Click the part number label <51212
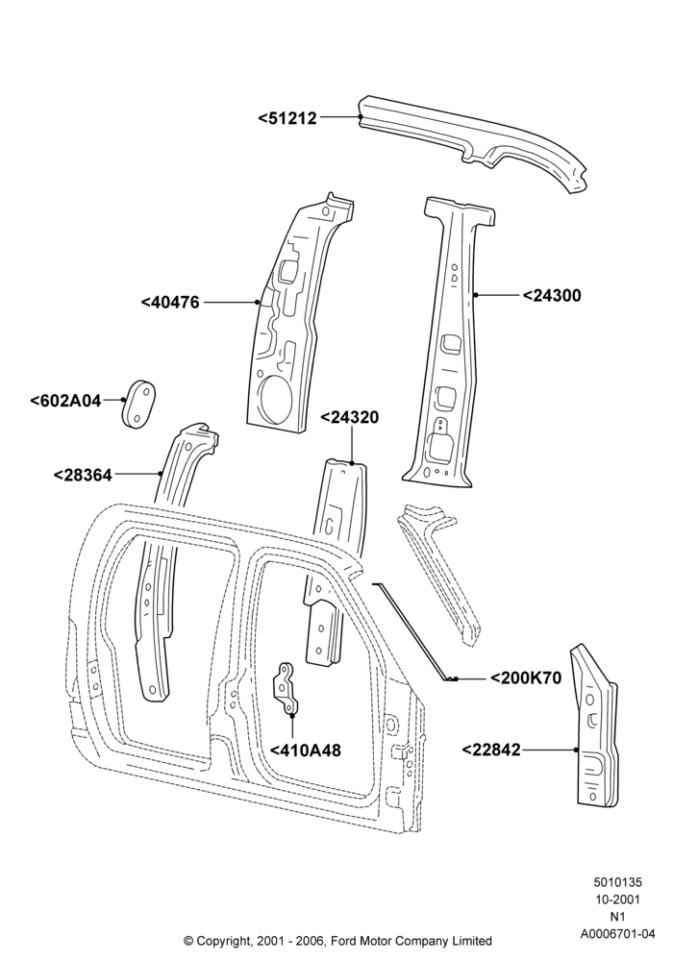pyautogui.click(x=287, y=117)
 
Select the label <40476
pyautogui.click(x=170, y=302)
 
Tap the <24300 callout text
pyautogui.click(x=552, y=295)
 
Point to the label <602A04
pyautogui.click(x=65, y=401)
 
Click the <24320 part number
pyautogui.click(x=350, y=417)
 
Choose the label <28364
pyautogui.click(x=83, y=475)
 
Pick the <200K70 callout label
pyautogui.click(x=526, y=678)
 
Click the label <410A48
pyautogui.click(x=305, y=751)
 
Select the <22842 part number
pyautogui.click(x=490, y=750)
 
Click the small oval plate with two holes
pyautogui.click(x=137, y=404)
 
